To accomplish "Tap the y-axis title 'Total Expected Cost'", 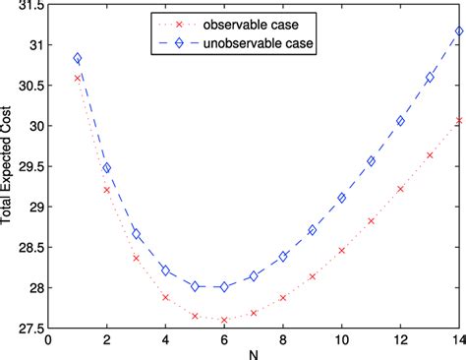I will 10,167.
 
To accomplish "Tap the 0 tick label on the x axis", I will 49,340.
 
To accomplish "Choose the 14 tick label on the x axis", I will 458,340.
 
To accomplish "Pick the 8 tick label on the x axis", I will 283,340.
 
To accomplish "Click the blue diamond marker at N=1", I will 78,59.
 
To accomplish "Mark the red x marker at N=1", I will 78,78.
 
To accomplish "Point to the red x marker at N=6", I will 224,320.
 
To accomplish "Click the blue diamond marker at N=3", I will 137,234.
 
